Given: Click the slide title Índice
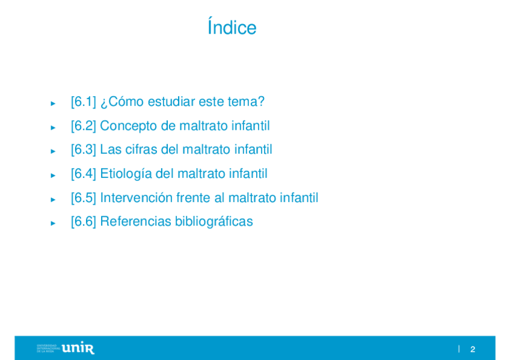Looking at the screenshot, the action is point(232,26).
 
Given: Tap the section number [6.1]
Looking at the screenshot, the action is point(84,102).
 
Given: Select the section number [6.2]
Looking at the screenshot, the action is point(84,126).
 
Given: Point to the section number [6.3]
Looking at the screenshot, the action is point(84,150).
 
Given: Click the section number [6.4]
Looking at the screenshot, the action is point(84,174).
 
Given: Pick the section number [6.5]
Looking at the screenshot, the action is point(84,198).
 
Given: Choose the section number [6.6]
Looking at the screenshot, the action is point(84,221).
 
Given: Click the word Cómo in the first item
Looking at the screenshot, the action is point(126,102).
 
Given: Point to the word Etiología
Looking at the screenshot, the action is point(126,174).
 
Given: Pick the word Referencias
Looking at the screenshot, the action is point(136,221).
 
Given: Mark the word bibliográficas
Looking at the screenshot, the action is point(214,222).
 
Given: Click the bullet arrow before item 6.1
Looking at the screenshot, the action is point(53,103).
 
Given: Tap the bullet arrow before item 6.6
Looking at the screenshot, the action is point(53,223).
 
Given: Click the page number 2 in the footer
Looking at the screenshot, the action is point(473,349).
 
